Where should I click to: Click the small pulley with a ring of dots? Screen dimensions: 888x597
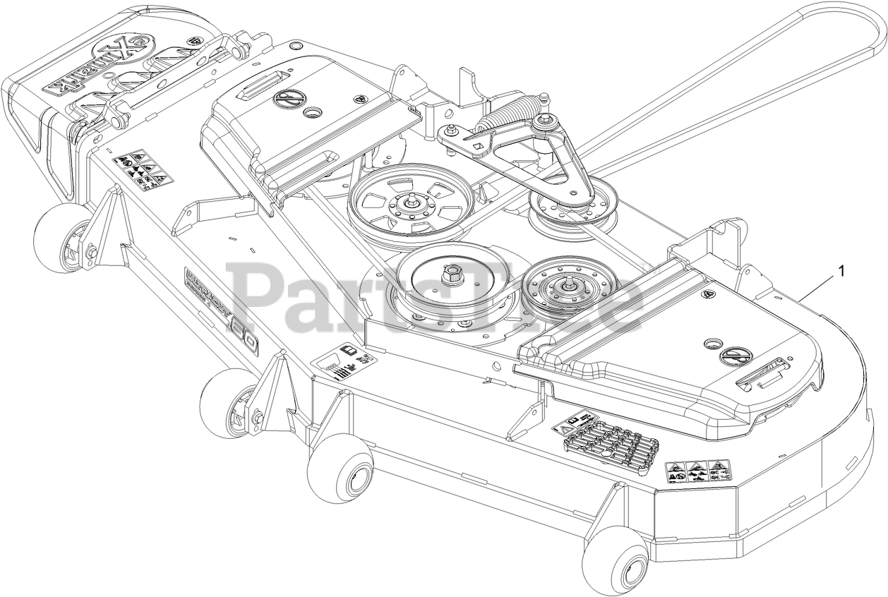tap(567, 287)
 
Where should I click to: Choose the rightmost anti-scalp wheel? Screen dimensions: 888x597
tap(616, 561)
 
